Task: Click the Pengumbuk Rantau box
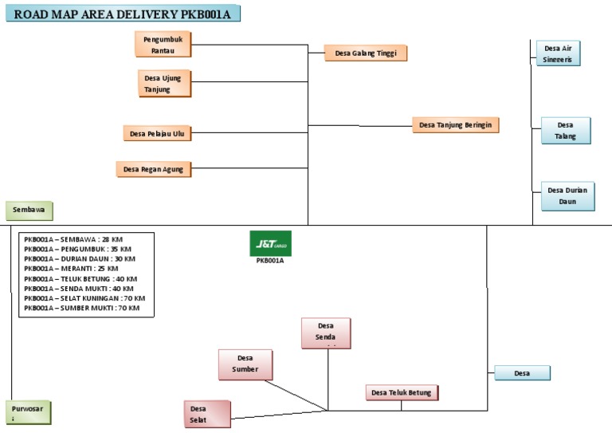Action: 163,44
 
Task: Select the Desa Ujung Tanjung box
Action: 165,84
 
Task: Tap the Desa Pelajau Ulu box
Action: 157,133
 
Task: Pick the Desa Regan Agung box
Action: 154,168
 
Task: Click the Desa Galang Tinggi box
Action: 366,53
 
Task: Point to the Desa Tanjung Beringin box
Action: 455,125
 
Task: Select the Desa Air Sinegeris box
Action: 557,53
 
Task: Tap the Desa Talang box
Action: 566,131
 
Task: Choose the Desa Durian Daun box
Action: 567,196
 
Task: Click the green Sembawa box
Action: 29,211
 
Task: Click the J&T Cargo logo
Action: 270,243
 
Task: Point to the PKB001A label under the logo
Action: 270,261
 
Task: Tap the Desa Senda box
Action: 326,333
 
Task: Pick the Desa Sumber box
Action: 245,364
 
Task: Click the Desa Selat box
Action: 206,415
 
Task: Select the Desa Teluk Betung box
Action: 402,392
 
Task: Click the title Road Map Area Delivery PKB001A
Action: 123,14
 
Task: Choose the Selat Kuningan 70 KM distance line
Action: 84,297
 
